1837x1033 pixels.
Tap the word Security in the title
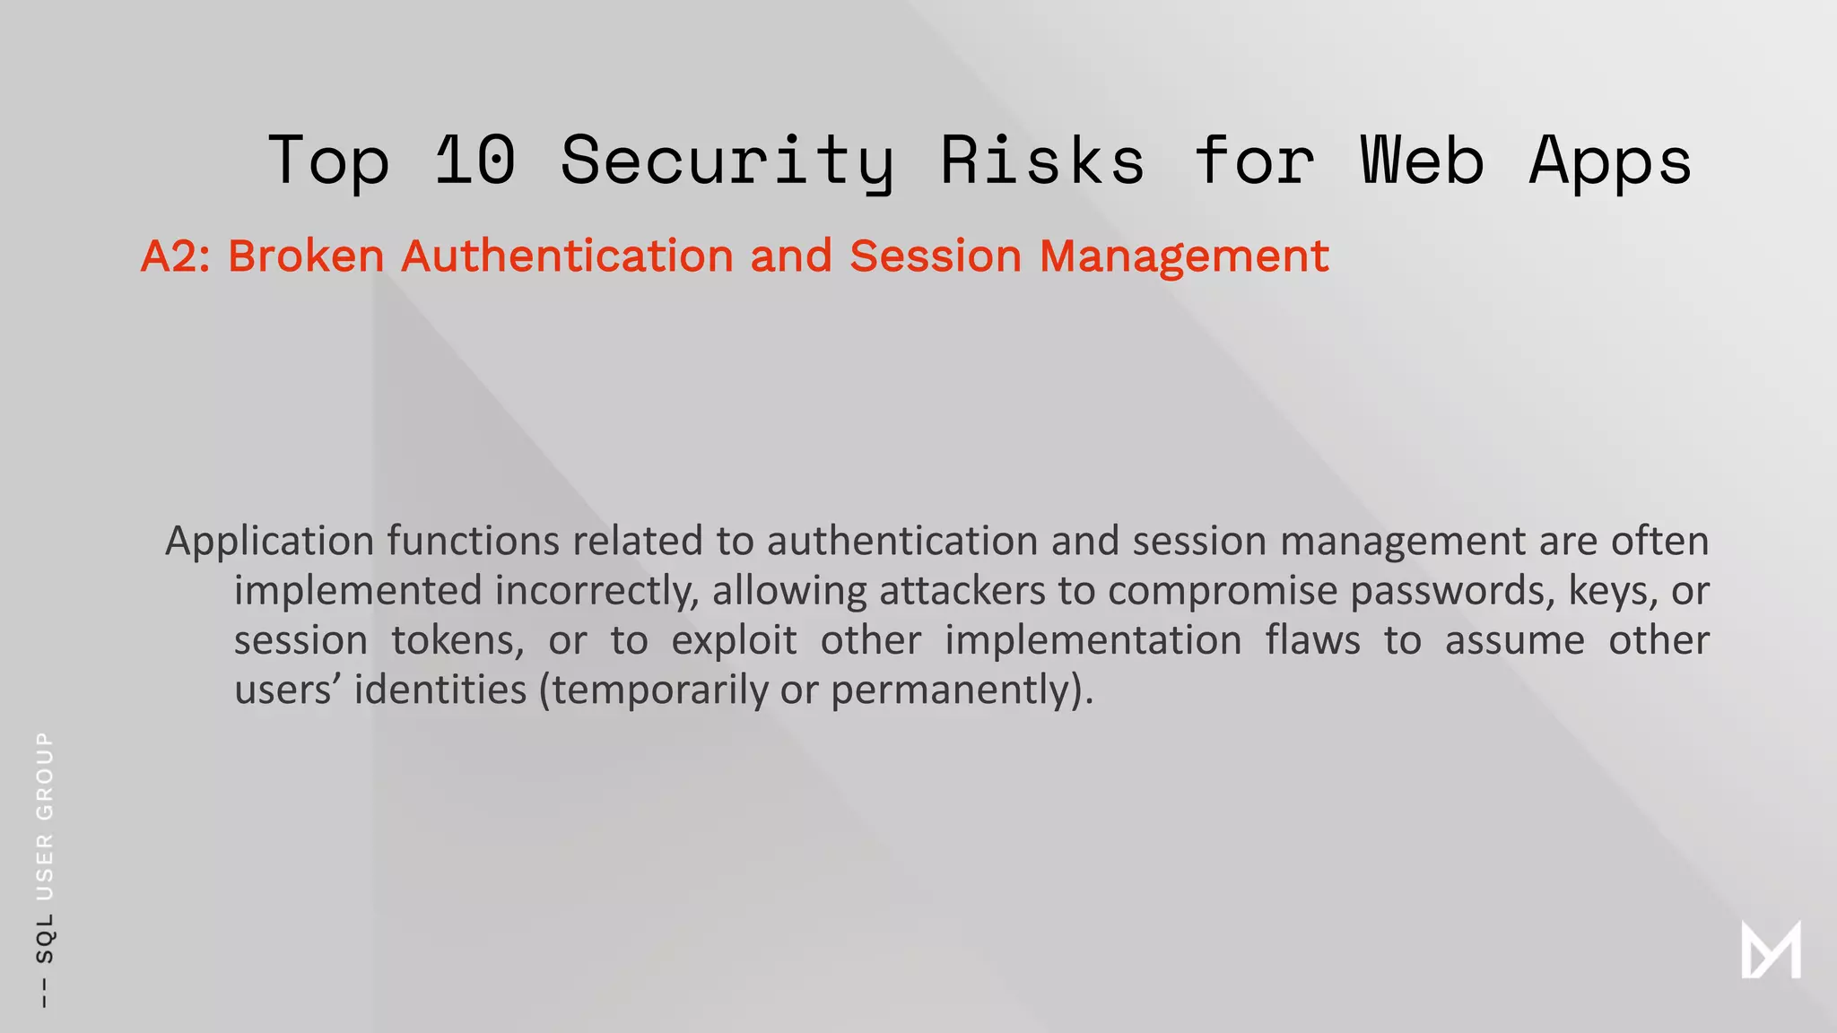click(x=727, y=161)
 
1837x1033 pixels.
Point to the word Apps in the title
click(x=1610, y=161)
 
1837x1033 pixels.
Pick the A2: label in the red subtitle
click(x=175, y=256)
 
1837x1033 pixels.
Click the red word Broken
click(x=306, y=256)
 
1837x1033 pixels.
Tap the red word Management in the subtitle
click(x=1183, y=256)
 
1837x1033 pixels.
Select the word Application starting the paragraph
click(x=269, y=542)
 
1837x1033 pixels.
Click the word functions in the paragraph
click(x=474, y=542)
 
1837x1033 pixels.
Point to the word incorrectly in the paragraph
click(x=596, y=591)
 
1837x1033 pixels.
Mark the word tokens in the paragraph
click(x=457, y=640)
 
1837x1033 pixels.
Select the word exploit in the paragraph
click(x=734, y=640)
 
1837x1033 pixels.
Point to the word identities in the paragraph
click(x=440, y=690)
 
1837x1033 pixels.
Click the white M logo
click(x=1771, y=951)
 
